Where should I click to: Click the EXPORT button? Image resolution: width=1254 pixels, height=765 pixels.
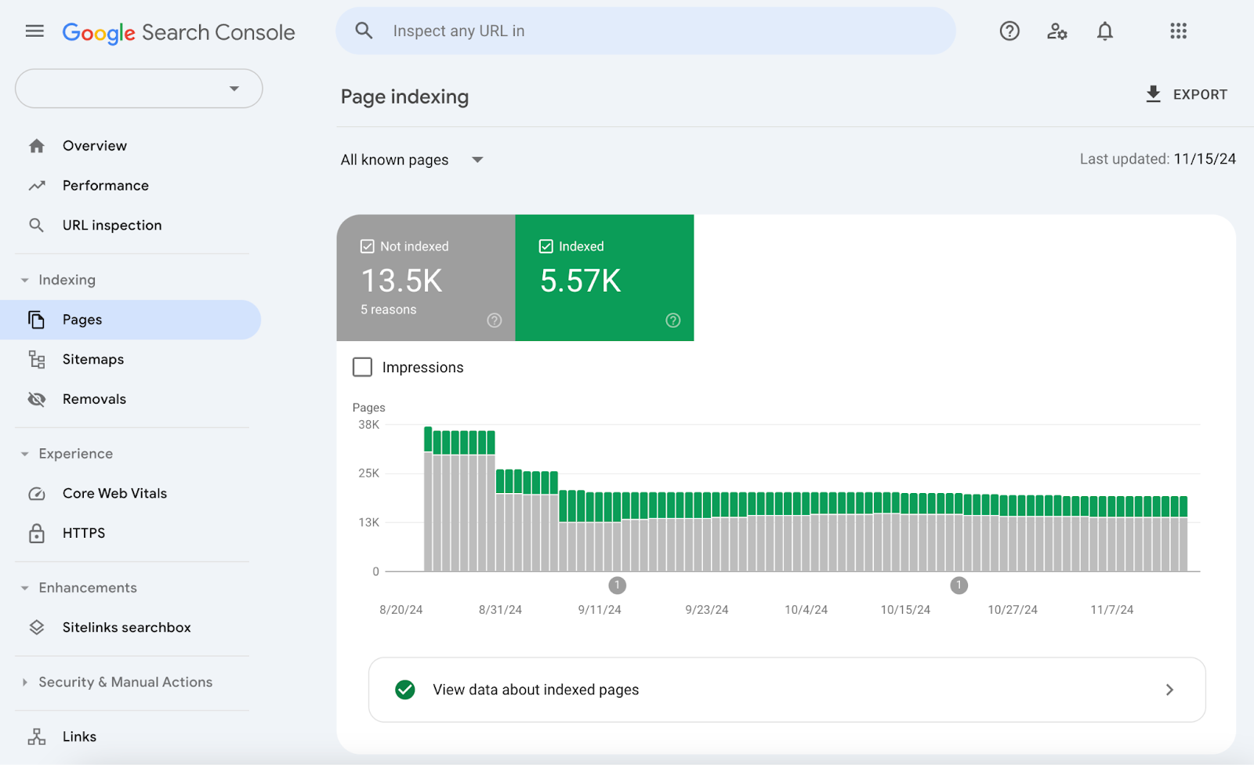coord(1186,95)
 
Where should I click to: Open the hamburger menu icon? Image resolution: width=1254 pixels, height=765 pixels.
coord(34,31)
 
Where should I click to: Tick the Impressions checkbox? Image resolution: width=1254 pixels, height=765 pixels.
coord(362,367)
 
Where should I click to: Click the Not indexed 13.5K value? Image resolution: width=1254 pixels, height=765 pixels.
coord(402,281)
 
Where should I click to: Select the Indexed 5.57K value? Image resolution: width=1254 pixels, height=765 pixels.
coord(580,281)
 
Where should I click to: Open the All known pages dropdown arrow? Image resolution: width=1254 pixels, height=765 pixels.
coord(477,160)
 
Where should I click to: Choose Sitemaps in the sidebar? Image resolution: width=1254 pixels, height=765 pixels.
coord(92,360)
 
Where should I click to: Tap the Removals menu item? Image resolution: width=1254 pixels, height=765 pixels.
coord(94,399)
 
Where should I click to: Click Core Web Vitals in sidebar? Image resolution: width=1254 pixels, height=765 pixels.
coord(114,494)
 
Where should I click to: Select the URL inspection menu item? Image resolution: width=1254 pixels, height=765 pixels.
coord(111,226)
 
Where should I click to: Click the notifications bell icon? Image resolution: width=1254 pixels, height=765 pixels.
coord(1104,31)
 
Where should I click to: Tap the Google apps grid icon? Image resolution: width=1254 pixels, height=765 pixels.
coord(1178,31)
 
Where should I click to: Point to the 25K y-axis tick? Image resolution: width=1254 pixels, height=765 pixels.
coord(368,473)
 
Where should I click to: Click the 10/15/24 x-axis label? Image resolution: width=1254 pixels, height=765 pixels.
coord(905,610)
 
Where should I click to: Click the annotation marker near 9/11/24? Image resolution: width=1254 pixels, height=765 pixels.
coord(617,585)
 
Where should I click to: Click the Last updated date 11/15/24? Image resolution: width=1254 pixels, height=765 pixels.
coord(1204,159)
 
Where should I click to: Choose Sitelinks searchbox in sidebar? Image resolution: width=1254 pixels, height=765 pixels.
coord(126,628)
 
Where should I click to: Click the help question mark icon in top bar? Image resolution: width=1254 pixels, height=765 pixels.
coord(1009,31)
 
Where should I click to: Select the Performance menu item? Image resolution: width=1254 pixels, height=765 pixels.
coord(105,186)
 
